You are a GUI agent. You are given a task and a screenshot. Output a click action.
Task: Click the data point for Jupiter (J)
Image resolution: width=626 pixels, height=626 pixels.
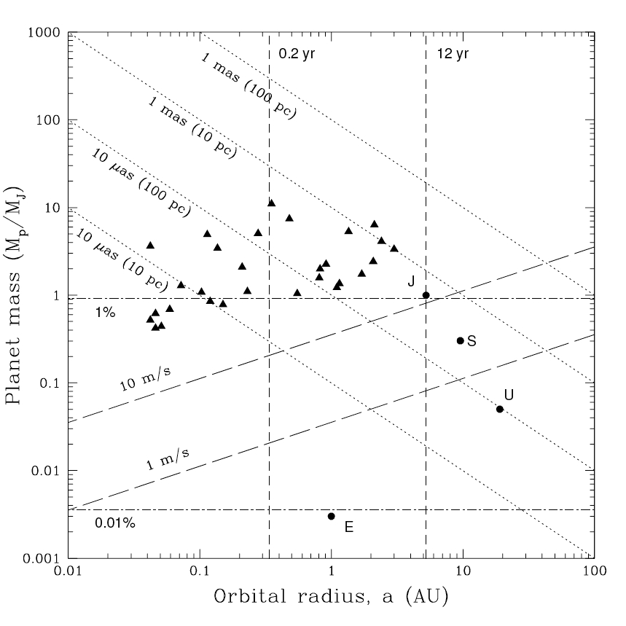click(x=426, y=295)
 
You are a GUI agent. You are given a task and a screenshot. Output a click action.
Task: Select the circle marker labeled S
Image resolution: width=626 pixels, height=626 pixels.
click(x=460, y=340)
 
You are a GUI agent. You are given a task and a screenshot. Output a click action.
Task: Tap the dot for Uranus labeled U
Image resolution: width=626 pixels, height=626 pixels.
click(x=500, y=409)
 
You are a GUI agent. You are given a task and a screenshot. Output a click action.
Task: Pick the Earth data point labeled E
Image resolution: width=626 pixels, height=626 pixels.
click(x=332, y=516)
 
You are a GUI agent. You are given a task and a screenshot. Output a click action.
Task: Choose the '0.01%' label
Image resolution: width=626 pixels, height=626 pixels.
click(x=114, y=522)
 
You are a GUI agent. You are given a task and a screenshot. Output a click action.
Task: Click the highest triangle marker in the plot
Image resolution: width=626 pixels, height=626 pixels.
click(x=272, y=203)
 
